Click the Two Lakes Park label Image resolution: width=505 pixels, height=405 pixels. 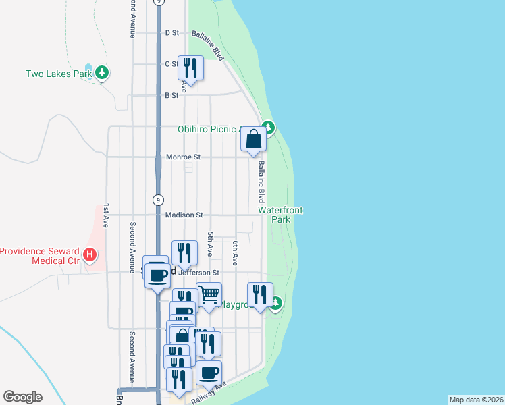[58, 74]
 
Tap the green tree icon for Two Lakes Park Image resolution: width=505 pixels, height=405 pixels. [102, 72]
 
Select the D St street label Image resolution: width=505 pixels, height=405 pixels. [171, 32]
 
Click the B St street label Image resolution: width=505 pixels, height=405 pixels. [171, 95]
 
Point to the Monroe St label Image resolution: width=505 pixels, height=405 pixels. [184, 157]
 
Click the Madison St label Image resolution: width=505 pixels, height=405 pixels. [184, 215]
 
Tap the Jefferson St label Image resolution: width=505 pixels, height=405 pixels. [199, 273]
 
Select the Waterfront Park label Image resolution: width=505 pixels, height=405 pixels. [280, 215]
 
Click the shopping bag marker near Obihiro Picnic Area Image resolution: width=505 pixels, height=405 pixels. [254, 140]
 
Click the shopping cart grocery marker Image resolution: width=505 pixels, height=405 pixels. [209, 296]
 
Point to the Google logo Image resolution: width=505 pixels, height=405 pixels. [22, 397]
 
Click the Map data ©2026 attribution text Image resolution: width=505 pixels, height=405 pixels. [476, 400]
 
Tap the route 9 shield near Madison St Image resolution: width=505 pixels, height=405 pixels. [157, 200]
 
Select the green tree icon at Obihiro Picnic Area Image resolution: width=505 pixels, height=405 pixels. [268, 127]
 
